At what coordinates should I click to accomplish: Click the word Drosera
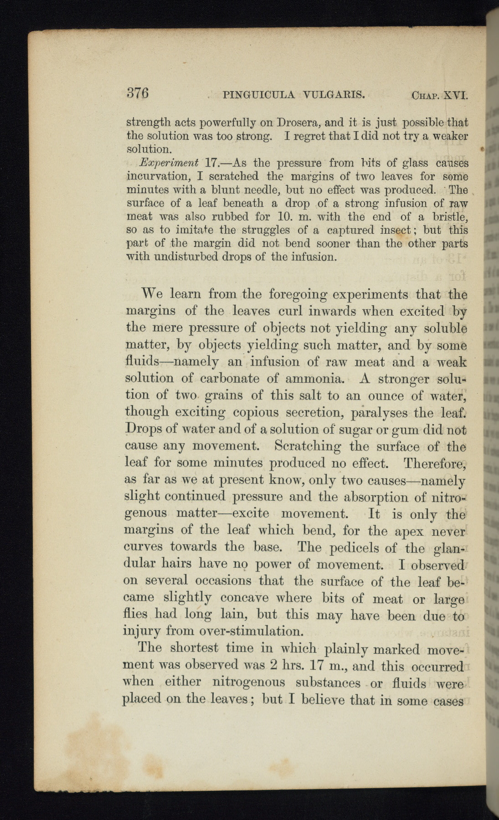pyautogui.click(x=294, y=123)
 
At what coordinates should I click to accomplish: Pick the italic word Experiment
pyautogui.click(x=169, y=163)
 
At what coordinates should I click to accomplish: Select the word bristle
pyautogui.click(x=449, y=216)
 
